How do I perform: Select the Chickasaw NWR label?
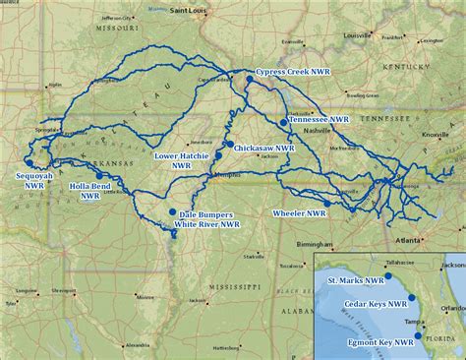pos(263,148)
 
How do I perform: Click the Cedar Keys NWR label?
pos(375,304)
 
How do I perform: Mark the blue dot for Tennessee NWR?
pos(284,122)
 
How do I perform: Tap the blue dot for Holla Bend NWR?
pos(99,174)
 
